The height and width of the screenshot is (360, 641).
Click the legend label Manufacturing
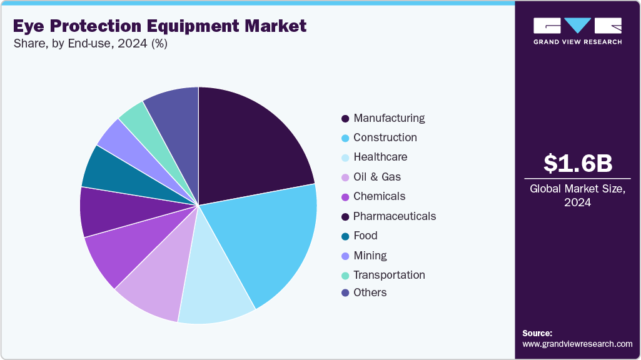(388, 118)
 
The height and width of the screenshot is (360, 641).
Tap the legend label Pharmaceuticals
(394, 216)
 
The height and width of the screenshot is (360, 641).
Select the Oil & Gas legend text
(376, 177)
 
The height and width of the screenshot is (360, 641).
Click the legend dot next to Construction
(345, 138)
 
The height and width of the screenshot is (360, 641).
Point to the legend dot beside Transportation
(345, 276)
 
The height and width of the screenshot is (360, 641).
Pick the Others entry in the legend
(370, 292)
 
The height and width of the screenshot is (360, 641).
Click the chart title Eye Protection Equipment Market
(159, 26)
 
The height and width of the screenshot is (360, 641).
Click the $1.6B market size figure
(577, 163)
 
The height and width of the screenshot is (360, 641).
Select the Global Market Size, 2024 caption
(577, 196)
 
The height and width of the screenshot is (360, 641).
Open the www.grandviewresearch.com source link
(577, 344)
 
